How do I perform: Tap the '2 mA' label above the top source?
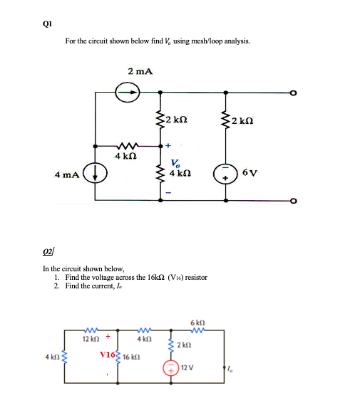point(140,70)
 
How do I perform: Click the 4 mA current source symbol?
point(96,172)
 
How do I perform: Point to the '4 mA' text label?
point(68,173)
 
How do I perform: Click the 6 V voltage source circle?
point(227,173)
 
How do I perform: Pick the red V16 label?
point(108,354)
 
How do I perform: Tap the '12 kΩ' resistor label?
point(89,337)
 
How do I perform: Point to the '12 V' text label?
point(187,367)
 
